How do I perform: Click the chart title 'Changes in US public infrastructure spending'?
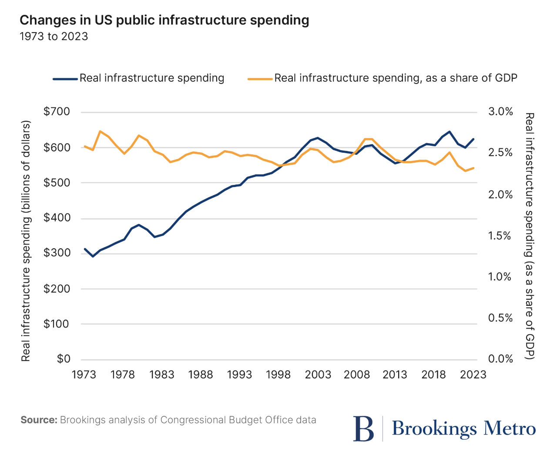(164, 20)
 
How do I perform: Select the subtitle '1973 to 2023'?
(54, 37)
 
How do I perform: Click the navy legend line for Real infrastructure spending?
(65, 79)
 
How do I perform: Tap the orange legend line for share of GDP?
(260, 79)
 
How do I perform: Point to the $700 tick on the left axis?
(57, 112)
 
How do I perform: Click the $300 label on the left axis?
(57, 253)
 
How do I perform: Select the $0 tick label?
(64, 359)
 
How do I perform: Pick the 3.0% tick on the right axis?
(500, 112)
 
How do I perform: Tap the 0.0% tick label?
(500, 359)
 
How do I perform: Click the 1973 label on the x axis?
(84, 375)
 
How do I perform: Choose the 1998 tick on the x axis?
(278, 375)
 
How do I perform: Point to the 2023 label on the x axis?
(473, 375)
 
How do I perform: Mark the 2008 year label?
(356, 375)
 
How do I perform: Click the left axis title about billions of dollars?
(26, 241)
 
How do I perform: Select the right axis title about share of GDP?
(530, 236)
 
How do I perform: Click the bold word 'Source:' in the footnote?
(39, 420)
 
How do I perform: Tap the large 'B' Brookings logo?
(364, 429)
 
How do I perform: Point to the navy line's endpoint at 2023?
(473, 139)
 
